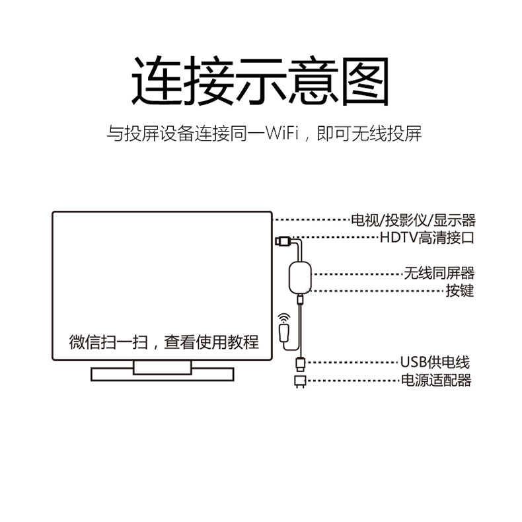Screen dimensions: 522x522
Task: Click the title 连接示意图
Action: (260, 81)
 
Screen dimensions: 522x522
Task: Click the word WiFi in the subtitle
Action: (283, 133)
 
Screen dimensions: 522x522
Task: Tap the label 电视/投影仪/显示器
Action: (413, 220)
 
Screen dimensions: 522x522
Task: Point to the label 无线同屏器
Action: (439, 273)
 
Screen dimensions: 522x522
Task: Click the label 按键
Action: (459, 290)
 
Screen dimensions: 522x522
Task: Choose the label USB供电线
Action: (434, 362)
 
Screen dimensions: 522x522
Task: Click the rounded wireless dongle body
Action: (300, 274)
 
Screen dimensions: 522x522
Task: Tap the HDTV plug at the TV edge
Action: (281, 240)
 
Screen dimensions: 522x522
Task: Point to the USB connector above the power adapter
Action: (299, 363)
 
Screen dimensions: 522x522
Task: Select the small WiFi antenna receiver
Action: (285, 332)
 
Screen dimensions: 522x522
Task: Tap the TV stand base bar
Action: (163, 375)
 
